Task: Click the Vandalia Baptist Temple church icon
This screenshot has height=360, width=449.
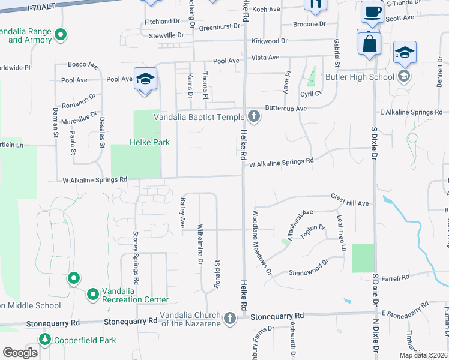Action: point(254,116)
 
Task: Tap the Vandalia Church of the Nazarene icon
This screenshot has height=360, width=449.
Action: point(229,319)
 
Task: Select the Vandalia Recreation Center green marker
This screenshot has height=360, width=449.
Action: point(93,294)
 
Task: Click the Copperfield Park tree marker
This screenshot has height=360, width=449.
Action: point(45,340)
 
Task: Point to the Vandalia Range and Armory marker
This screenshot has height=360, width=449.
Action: point(60,35)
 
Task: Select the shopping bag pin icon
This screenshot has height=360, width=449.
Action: point(368,43)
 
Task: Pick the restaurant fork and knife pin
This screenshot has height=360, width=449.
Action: point(315,4)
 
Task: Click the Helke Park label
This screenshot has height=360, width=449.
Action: point(150,142)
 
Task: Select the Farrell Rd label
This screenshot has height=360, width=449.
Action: point(394,277)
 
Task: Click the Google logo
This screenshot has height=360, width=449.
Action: point(20,352)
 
